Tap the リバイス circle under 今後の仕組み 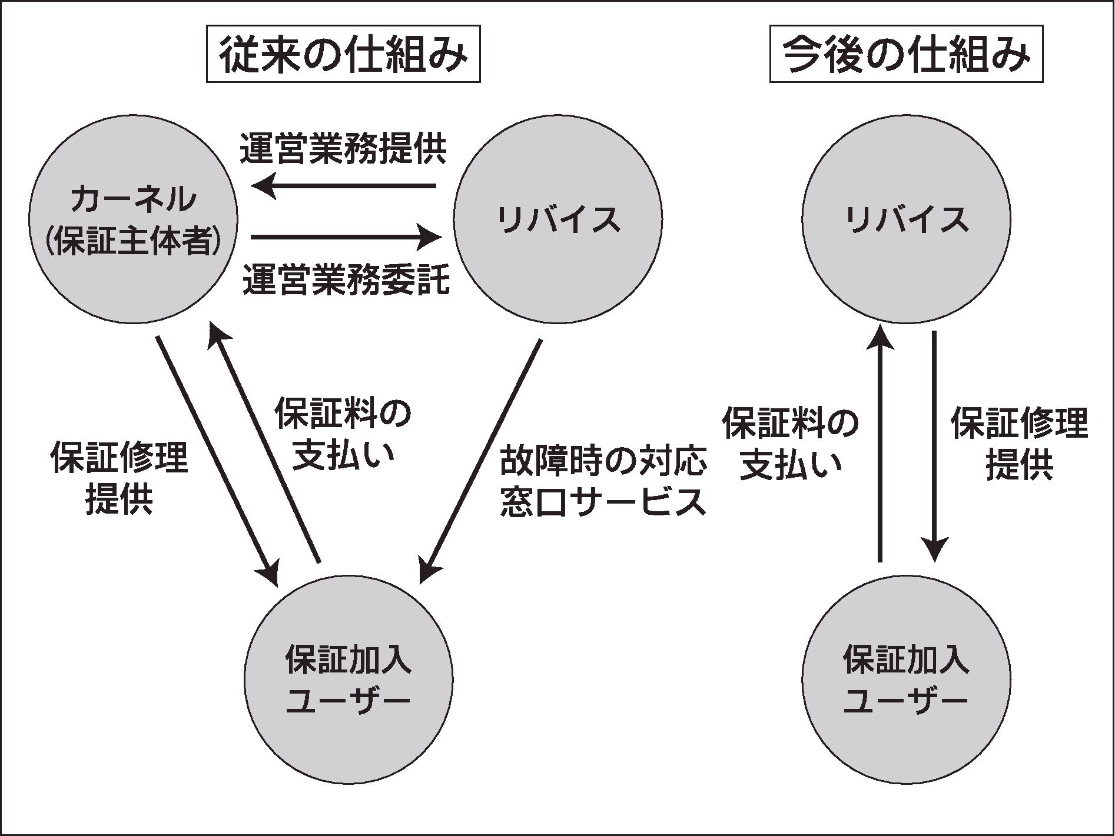click(x=906, y=218)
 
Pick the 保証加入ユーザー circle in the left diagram click(x=348, y=679)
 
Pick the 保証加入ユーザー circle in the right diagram click(x=906, y=679)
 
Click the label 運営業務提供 click(x=343, y=149)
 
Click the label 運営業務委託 click(x=346, y=279)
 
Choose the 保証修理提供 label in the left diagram click(x=120, y=478)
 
